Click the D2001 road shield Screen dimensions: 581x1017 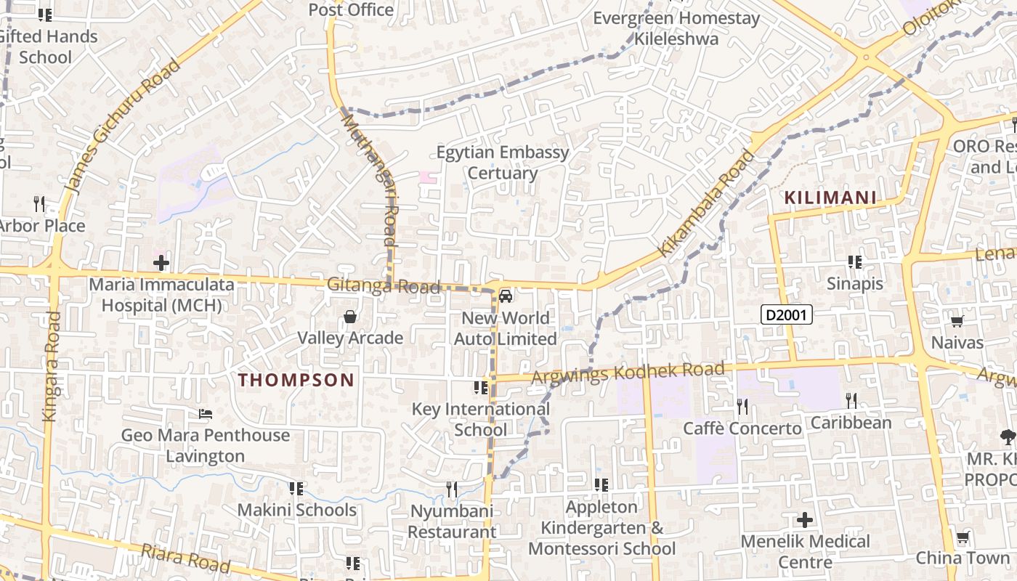[786, 314]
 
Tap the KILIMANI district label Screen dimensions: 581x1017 [830, 198]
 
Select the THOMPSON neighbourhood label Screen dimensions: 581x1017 [296, 379]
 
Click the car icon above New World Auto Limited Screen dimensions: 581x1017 [506, 296]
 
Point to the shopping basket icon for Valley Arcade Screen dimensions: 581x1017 [350, 317]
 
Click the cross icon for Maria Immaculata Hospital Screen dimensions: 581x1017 [161, 262]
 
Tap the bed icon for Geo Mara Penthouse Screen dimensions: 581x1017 [206, 414]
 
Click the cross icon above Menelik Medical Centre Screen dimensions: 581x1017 [804, 520]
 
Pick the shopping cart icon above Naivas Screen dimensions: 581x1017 [957, 321]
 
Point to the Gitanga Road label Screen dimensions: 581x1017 [383, 285]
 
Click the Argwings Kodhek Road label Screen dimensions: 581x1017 [628, 373]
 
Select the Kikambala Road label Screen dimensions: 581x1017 [706, 203]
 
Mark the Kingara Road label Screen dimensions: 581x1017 [50, 366]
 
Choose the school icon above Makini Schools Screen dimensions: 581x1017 [296, 489]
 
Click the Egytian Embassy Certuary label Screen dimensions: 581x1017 [503, 163]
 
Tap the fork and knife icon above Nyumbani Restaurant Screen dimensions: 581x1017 [452, 489]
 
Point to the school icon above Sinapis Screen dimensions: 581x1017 [855, 261]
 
